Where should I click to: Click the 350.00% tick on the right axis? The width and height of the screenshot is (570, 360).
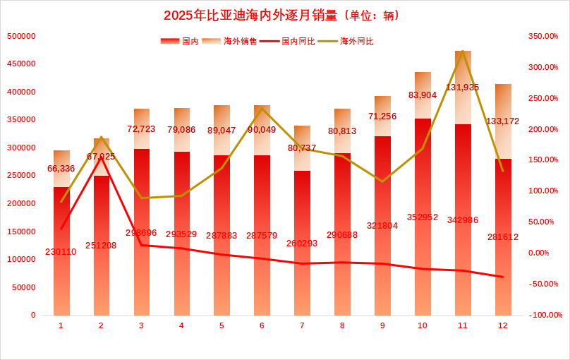pos(543,36)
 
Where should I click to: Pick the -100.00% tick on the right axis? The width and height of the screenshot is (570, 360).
pos(546,315)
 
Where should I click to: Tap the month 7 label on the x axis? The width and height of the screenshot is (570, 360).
pos(302,325)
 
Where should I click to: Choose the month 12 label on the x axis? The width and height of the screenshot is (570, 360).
pos(503,325)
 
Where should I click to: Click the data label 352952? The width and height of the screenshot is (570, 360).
pos(423,217)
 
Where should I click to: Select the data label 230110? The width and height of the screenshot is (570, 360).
pos(61,251)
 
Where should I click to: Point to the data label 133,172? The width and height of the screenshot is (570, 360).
pos(502,121)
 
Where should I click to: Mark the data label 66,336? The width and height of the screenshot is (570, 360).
pos(61,169)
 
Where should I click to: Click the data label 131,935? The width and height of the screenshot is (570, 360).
pos(462,88)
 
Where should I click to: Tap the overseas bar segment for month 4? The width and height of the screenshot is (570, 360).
pos(182,130)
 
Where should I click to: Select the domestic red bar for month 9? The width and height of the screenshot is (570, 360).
pos(382,226)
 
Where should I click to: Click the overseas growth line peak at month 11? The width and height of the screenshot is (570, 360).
pos(463,52)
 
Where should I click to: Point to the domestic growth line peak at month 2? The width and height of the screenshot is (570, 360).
pos(102,157)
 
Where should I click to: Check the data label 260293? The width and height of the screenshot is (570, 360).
pos(302,244)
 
